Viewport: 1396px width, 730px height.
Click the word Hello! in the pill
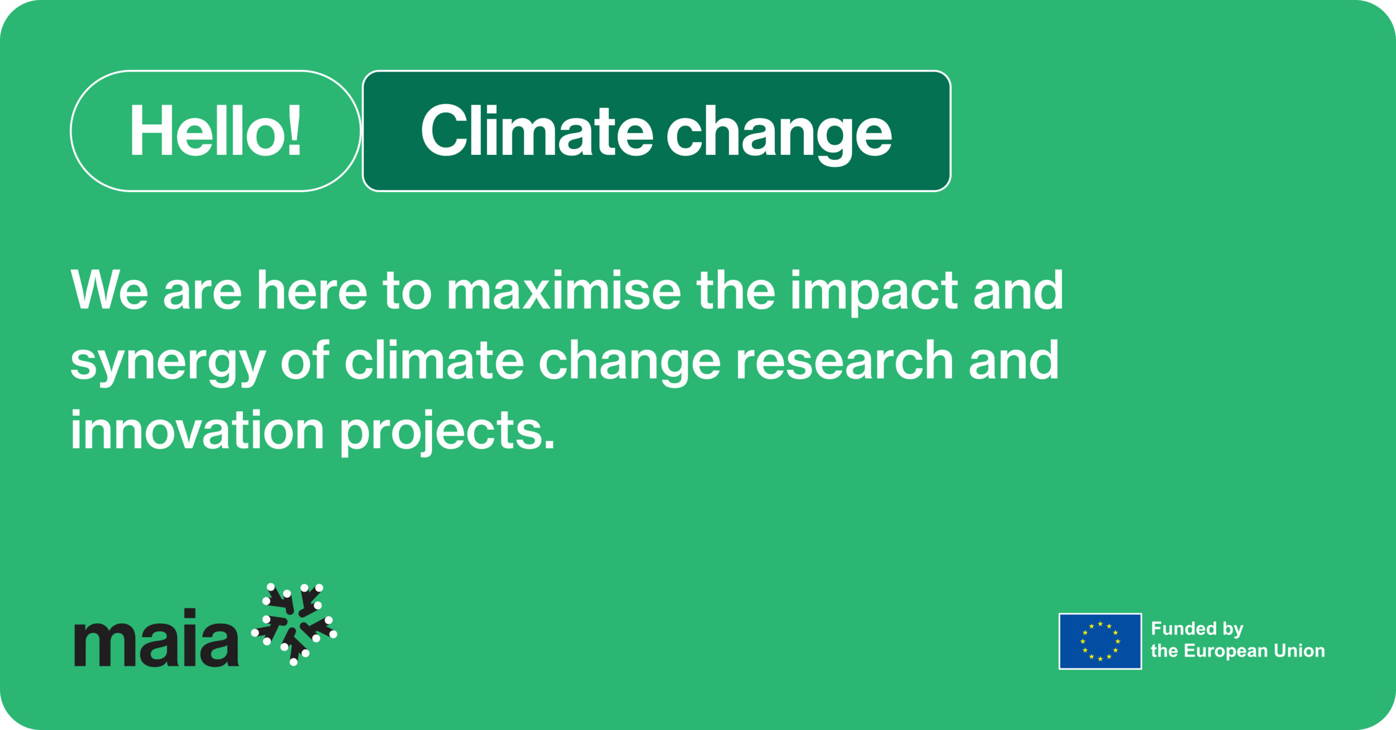(x=215, y=131)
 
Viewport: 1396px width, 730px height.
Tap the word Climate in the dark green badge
(x=537, y=131)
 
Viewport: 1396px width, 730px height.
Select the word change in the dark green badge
(x=779, y=134)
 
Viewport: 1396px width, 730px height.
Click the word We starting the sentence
(x=110, y=291)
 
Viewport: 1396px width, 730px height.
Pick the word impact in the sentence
(x=874, y=294)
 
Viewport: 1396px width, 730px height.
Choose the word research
(x=845, y=360)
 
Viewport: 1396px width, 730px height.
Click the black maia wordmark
(x=157, y=637)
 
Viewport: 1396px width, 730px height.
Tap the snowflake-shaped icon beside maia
(x=294, y=625)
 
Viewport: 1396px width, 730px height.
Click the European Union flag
(x=1100, y=641)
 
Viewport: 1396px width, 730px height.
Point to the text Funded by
(x=1197, y=629)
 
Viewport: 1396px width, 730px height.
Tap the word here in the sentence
(x=312, y=291)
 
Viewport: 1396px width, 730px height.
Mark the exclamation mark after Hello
(x=294, y=130)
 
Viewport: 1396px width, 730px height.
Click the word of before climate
(x=305, y=360)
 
